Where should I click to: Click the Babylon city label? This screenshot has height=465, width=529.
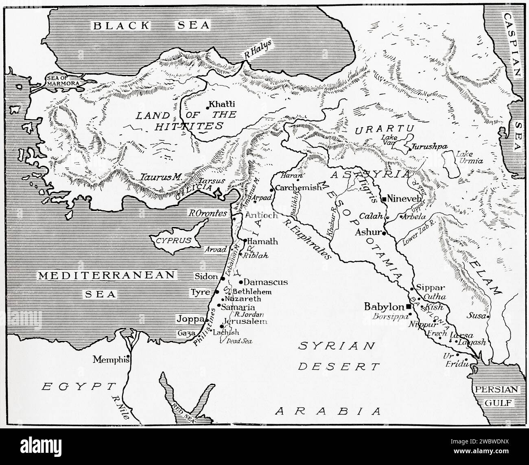(x=384, y=306)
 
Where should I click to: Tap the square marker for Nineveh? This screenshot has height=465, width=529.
(x=384, y=199)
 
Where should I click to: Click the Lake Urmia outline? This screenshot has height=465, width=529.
(x=452, y=163)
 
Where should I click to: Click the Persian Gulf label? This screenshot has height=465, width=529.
(x=497, y=396)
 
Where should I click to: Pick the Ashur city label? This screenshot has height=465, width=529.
(x=367, y=233)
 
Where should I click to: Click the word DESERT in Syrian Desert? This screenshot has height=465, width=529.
(x=339, y=367)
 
